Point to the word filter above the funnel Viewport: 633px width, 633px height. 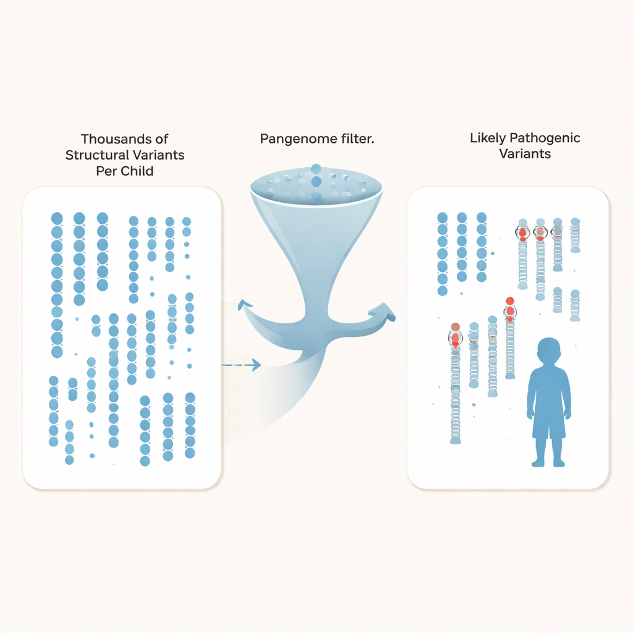click(354, 139)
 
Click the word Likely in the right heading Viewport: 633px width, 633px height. click(488, 137)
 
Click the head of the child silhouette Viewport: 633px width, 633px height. click(548, 351)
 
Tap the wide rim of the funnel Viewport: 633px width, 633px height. click(316, 185)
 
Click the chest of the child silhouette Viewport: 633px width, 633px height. click(548, 386)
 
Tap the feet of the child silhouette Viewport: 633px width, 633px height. click(548, 462)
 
